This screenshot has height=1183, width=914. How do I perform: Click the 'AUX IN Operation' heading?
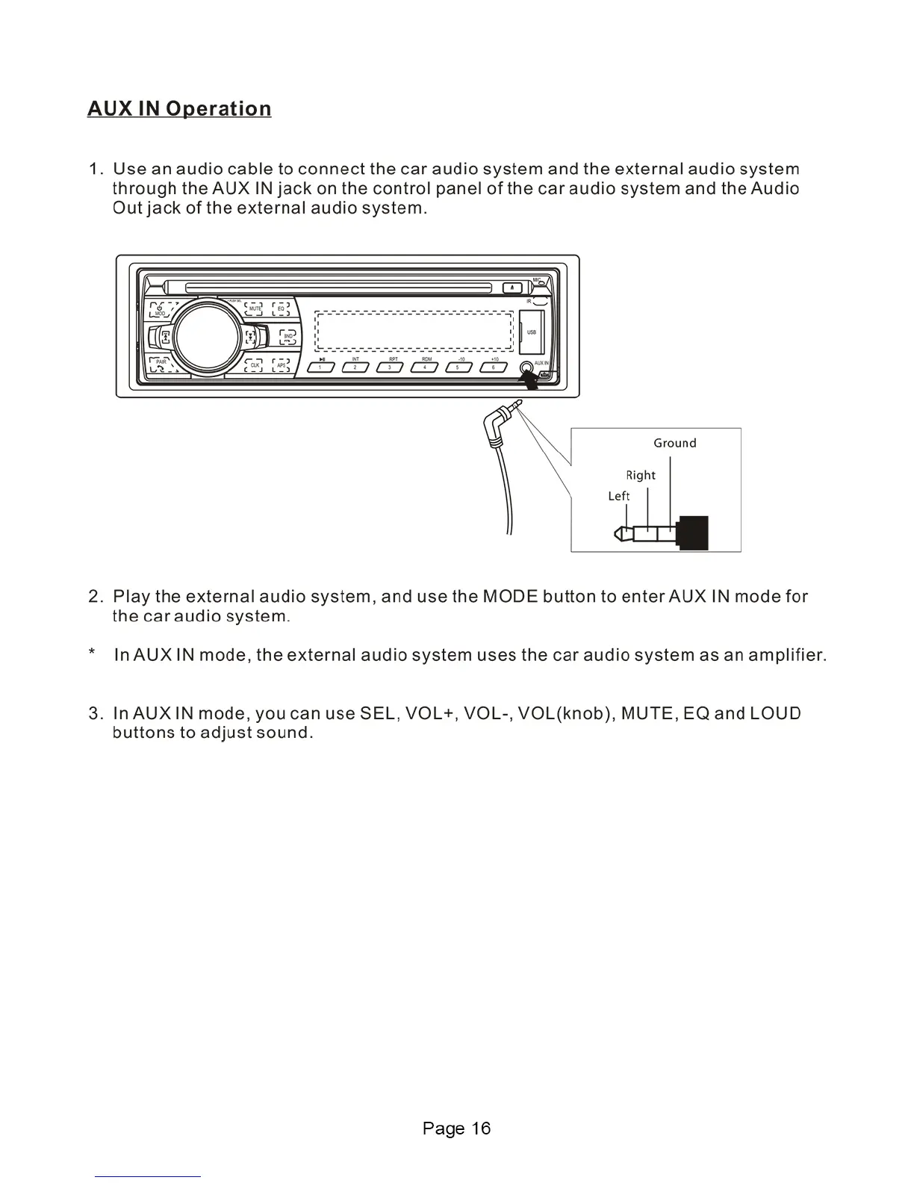click(179, 109)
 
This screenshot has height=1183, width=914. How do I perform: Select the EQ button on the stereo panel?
click(281, 308)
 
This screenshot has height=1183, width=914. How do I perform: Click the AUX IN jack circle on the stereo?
click(526, 367)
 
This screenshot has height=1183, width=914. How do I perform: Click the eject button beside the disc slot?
click(512, 287)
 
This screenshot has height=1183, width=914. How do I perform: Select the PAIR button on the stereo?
click(161, 364)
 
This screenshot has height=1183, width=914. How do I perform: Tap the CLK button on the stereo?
click(255, 364)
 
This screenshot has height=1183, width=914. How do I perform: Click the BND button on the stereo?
click(287, 336)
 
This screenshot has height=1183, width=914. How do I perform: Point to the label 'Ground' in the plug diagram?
click(674, 443)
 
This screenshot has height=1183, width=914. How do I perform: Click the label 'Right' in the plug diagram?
click(641, 475)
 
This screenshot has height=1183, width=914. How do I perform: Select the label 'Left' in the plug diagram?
click(618, 496)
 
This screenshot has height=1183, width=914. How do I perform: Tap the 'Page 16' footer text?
click(456, 1128)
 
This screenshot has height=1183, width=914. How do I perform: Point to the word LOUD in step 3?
click(775, 713)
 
